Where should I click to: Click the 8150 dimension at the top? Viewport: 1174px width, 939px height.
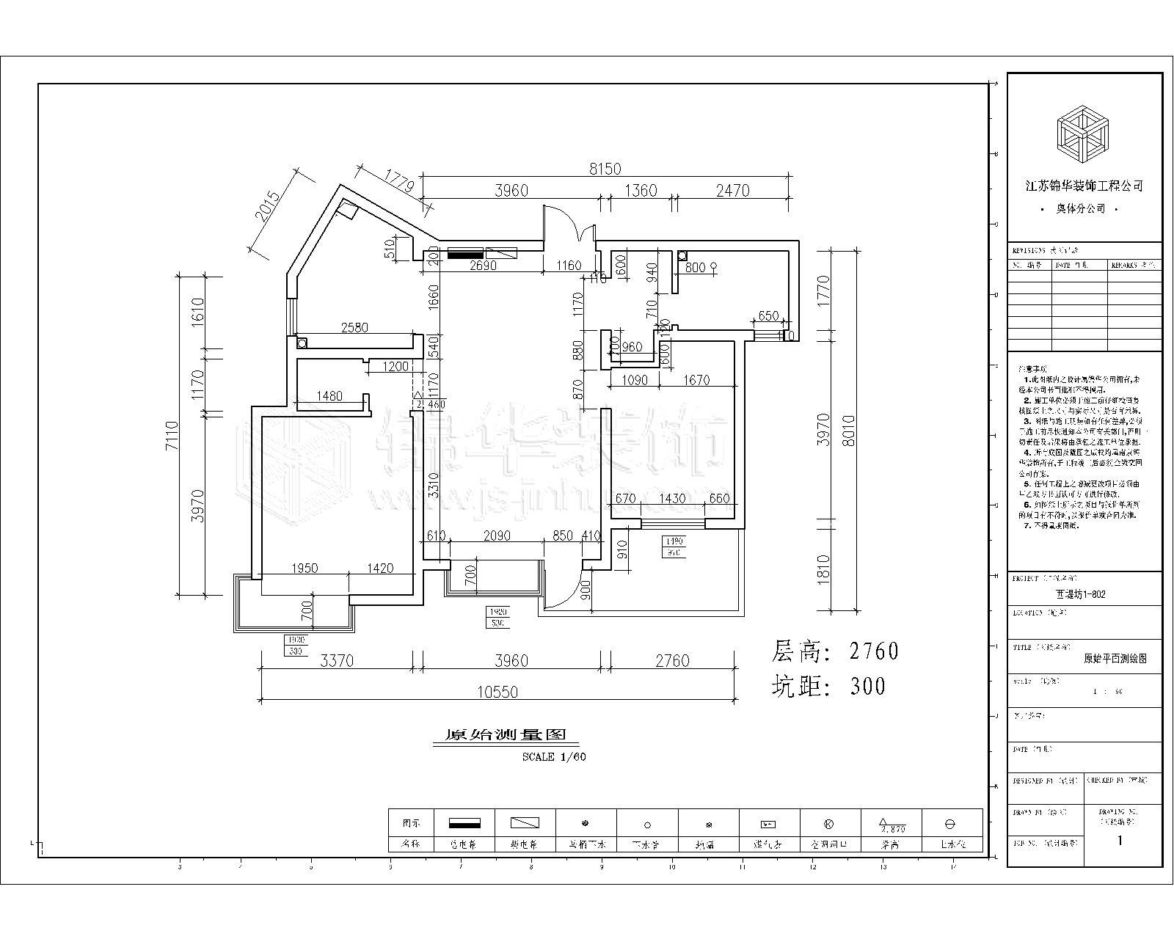pos(605,169)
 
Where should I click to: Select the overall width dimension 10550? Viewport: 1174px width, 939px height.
pos(497,692)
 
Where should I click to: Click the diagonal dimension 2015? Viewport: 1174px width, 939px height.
pos(269,208)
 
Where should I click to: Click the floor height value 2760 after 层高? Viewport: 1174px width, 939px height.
pos(873,651)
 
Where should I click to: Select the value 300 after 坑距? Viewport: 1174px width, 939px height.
pos(867,686)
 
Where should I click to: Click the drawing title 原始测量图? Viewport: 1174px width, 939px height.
pos(503,734)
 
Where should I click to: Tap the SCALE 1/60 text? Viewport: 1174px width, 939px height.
pos(554,757)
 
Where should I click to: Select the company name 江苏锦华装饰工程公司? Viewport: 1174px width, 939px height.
pos(1084,186)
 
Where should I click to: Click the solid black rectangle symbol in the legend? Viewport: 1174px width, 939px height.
pos(464,823)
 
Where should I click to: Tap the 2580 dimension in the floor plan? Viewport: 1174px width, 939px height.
pos(354,327)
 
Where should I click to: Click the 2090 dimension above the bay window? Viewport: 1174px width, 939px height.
pos(497,536)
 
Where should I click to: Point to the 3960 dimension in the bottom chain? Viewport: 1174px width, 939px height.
pos(511,661)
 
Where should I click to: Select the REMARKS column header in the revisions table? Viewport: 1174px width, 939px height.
pos(1134,266)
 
